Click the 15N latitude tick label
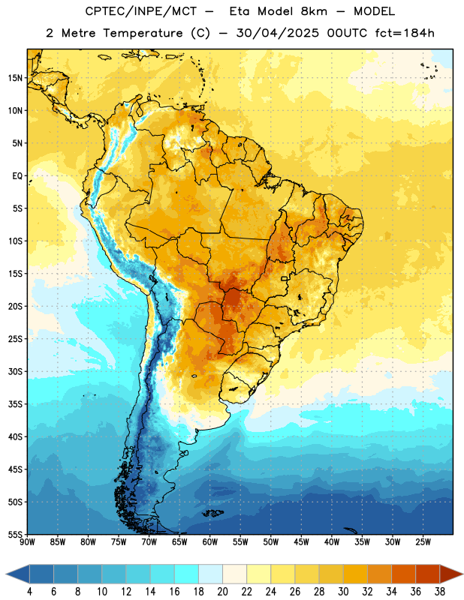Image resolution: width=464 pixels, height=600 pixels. [x=15, y=78]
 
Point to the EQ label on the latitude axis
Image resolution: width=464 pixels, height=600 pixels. [x=17, y=176]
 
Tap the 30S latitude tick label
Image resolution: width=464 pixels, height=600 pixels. [x=15, y=371]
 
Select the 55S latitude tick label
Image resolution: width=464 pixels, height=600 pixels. [x=15, y=535]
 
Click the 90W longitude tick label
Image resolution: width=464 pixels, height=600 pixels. [x=27, y=542]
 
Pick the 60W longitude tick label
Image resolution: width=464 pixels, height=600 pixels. [x=210, y=542]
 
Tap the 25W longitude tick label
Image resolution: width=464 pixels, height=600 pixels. [x=423, y=542]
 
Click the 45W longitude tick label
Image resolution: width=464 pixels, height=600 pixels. [x=301, y=542]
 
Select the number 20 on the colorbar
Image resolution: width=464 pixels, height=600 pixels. [x=222, y=592]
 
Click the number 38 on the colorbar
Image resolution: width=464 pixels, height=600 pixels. [x=439, y=592]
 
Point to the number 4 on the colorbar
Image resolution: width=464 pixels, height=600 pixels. [x=29, y=592]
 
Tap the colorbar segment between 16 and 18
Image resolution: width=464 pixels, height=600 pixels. [x=187, y=574]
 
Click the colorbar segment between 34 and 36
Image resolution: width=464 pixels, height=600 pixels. [x=403, y=574]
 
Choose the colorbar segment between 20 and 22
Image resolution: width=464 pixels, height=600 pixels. [x=235, y=574]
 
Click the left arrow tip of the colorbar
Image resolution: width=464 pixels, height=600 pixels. [x=6, y=574]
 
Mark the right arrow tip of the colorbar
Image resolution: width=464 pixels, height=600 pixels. [x=463, y=574]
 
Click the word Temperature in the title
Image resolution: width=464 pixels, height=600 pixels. [x=143, y=33]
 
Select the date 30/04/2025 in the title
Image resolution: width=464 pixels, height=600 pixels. [x=277, y=33]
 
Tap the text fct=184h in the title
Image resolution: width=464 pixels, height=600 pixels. [x=405, y=33]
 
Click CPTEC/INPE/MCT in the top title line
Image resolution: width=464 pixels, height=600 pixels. [x=140, y=11]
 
